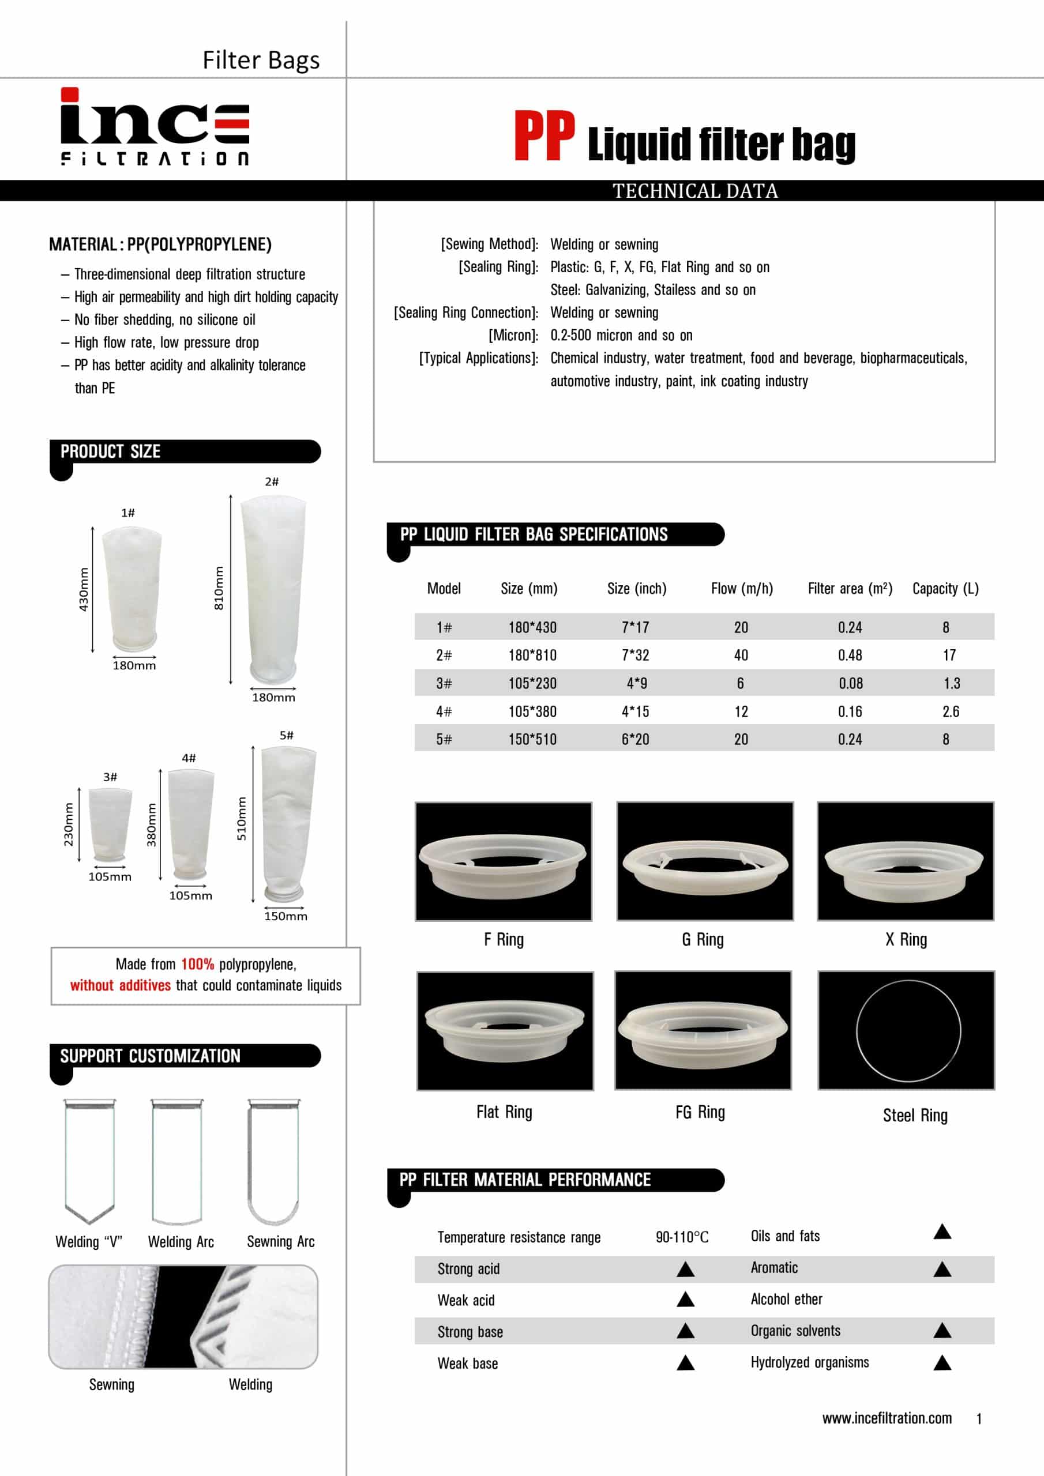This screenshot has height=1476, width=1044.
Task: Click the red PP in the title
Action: [544, 135]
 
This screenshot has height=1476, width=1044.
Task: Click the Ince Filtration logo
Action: [155, 127]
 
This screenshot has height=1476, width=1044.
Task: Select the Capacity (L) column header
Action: [945, 588]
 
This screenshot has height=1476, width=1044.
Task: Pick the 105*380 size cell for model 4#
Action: [532, 711]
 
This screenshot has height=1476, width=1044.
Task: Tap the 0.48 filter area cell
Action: [850, 655]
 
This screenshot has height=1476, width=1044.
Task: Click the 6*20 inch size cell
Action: [635, 739]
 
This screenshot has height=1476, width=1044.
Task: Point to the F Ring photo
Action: [503, 861]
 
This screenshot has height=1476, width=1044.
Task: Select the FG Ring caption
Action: [700, 1112]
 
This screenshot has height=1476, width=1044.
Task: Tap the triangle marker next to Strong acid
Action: [685, 1268]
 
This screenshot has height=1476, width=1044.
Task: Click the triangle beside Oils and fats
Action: [942, 1232]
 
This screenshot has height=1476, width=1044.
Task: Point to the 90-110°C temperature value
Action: [682, 1237]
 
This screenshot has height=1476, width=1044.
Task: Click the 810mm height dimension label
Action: [219, 588]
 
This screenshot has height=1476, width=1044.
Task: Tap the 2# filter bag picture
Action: [273, 588]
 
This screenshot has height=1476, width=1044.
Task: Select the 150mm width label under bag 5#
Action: [286, 916]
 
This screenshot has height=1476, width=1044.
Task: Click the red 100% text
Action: [197, 963]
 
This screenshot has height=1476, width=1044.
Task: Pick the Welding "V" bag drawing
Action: [89, 1161]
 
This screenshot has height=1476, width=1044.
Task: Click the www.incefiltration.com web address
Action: [887, 1418]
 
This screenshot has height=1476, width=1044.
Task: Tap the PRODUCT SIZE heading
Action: [111, 451]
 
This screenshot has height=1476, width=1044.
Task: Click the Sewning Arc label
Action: [280, 1241]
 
